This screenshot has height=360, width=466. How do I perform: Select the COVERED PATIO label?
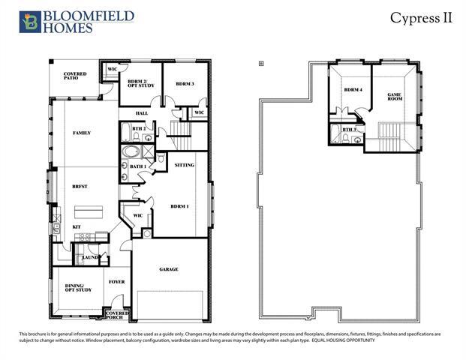point(75,76)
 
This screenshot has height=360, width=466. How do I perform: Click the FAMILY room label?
point(81,133)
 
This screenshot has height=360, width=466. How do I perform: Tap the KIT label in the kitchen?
point(77,226)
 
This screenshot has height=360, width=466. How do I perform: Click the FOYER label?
point(116,282)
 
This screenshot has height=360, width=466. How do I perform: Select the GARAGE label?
point(168,268)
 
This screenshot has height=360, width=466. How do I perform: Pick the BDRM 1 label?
point(179,206)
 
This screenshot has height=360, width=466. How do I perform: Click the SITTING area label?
point(185,164)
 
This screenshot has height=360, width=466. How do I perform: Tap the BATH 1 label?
point(137,166)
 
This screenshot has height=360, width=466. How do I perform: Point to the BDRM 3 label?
point(184,84)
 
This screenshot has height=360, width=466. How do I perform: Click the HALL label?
point(143,113)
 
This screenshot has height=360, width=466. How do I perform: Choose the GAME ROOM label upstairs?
point(394,96)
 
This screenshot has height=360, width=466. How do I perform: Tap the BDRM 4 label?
point(353,90)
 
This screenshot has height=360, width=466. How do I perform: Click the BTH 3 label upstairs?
point(348,130)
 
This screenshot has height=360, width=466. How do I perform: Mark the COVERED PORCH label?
point(118,314)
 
